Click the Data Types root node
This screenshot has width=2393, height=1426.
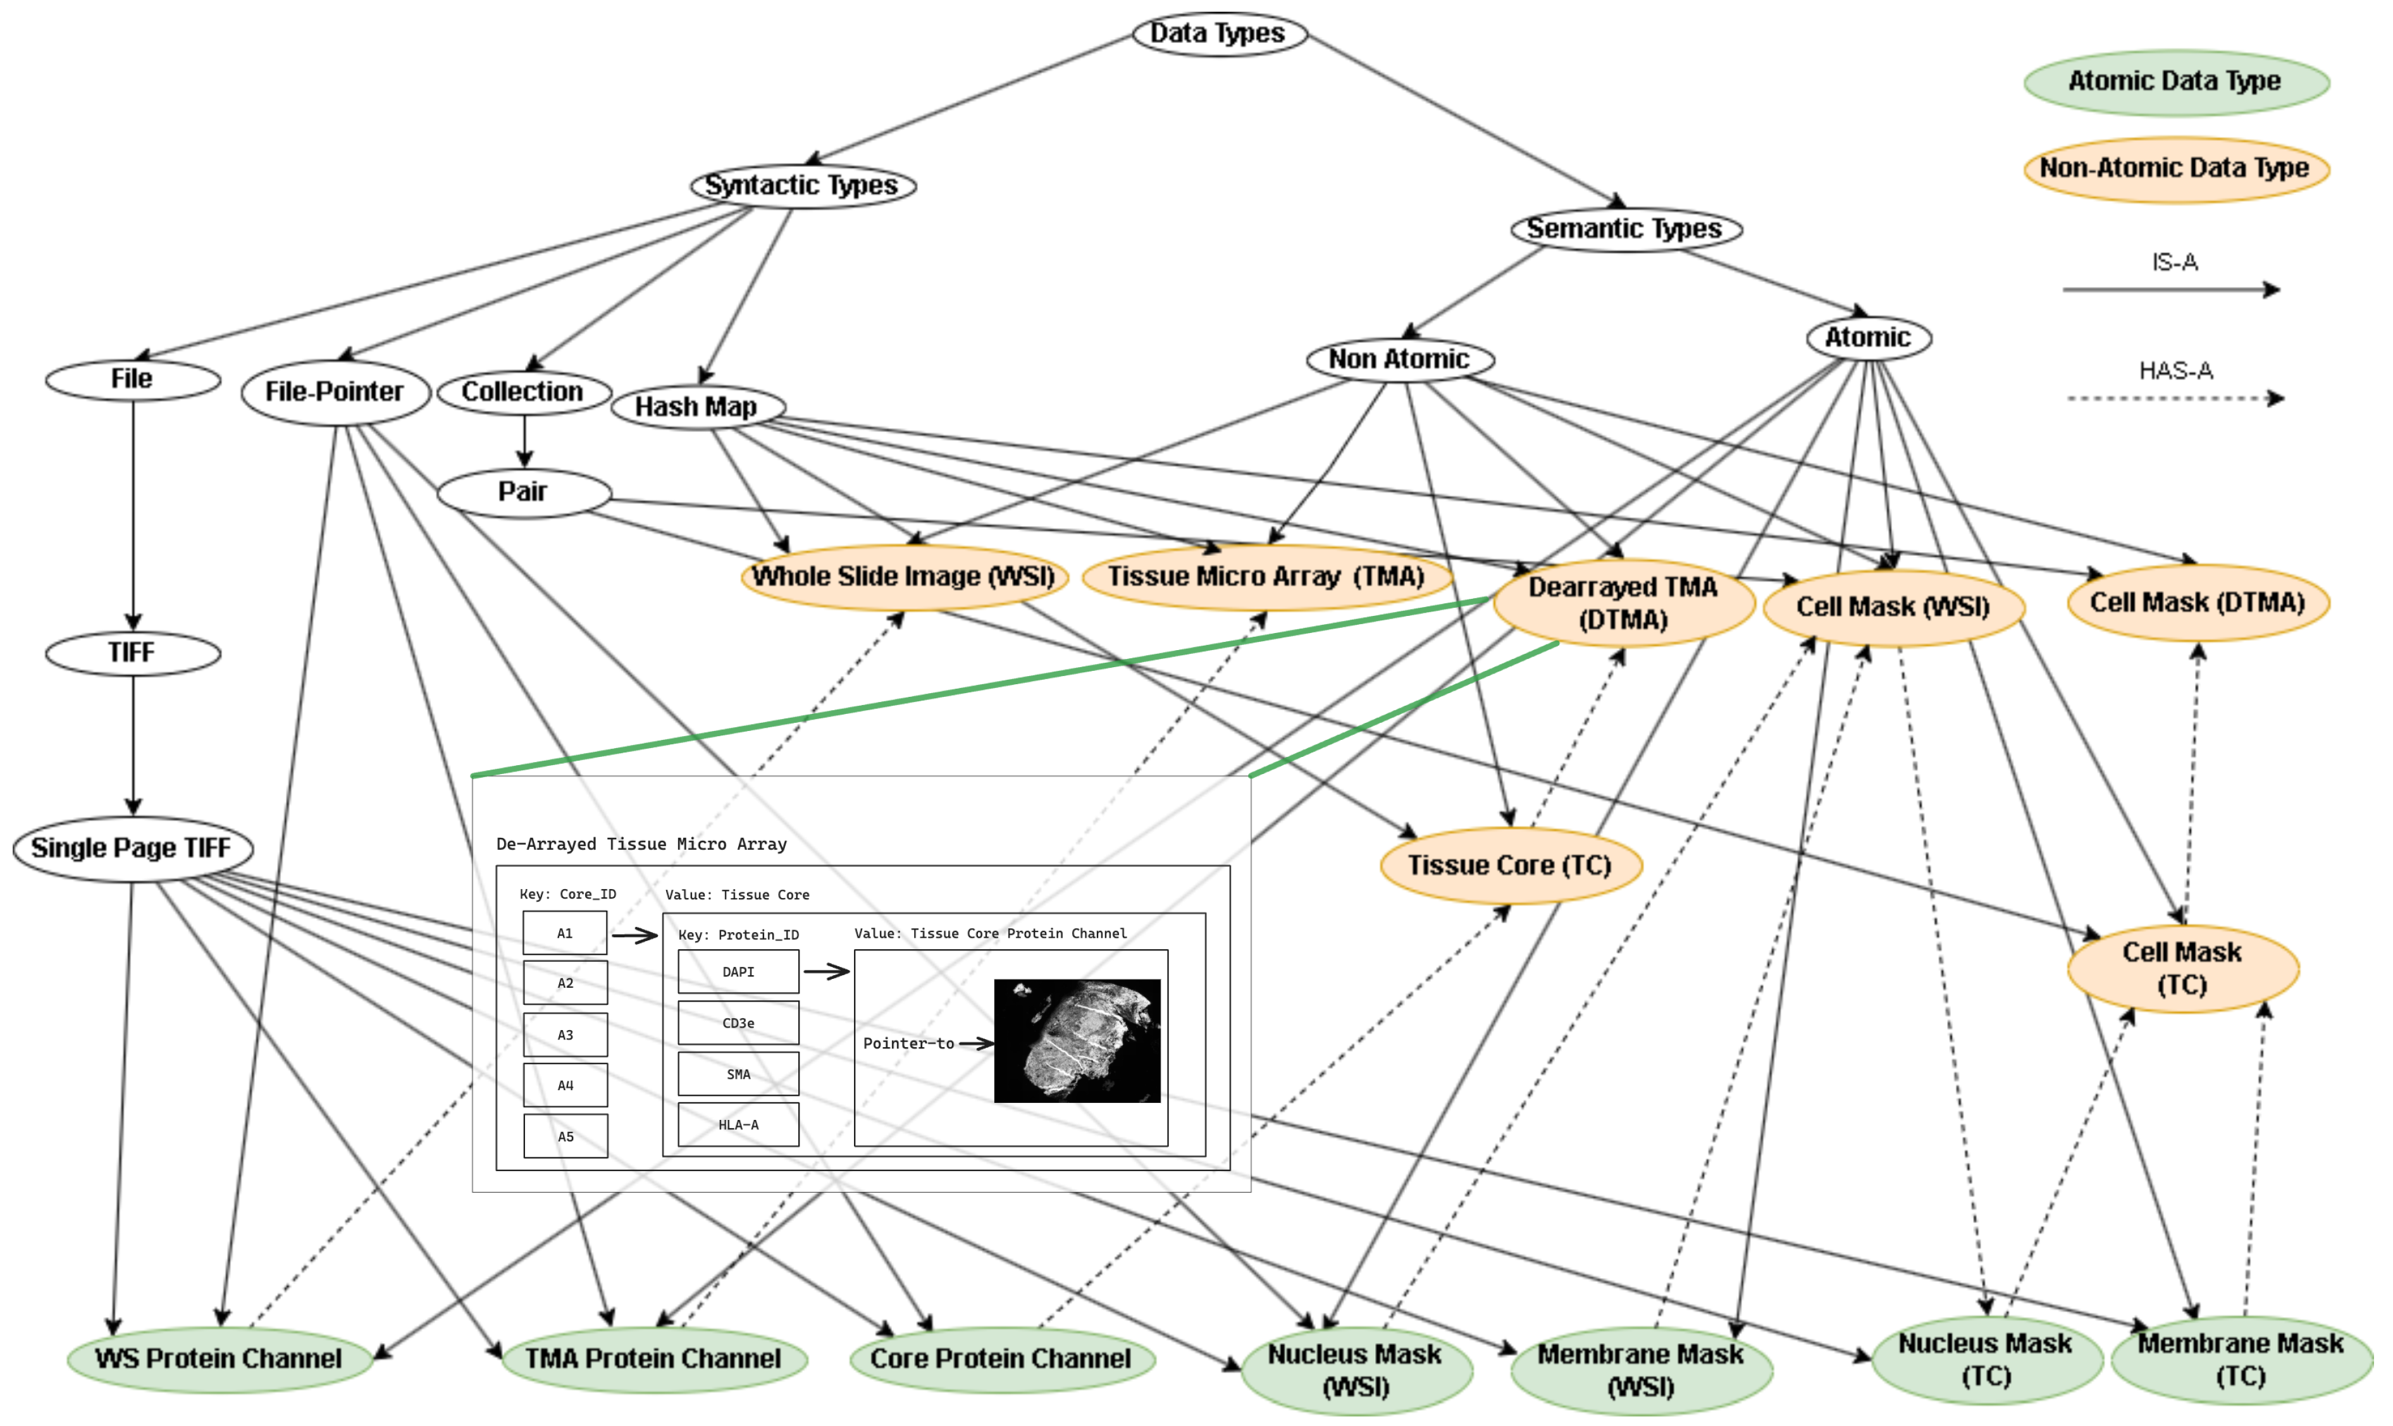tap(1218, 34)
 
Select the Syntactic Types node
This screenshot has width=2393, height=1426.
tap(803, 185)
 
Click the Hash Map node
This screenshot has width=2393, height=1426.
tap(696, 407)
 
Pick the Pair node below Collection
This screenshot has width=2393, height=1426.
tap(524, 492)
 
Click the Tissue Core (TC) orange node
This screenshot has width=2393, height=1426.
tap(1510, 865)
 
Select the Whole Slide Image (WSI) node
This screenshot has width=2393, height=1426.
tap(903, 577)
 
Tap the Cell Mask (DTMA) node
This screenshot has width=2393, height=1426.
tap(2197, 603)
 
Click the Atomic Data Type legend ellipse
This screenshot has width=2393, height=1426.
tap(2175, 82)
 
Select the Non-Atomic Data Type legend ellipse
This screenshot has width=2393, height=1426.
tap(2175, 168)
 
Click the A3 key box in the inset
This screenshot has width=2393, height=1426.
tap(565, 1035)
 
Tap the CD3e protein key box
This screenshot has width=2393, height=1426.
tap(738, 1023)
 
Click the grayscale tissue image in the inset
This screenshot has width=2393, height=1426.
tap(1077, 1041)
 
